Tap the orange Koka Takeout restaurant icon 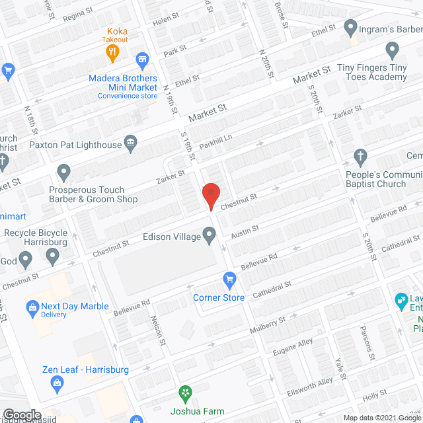114,51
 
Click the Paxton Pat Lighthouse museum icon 131,143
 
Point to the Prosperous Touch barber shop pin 63,173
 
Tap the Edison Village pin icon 210,234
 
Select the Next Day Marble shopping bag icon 31,307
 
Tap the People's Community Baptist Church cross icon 360,157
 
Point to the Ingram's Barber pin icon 350,28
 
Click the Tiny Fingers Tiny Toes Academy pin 392,51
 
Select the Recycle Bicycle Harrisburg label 36,238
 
